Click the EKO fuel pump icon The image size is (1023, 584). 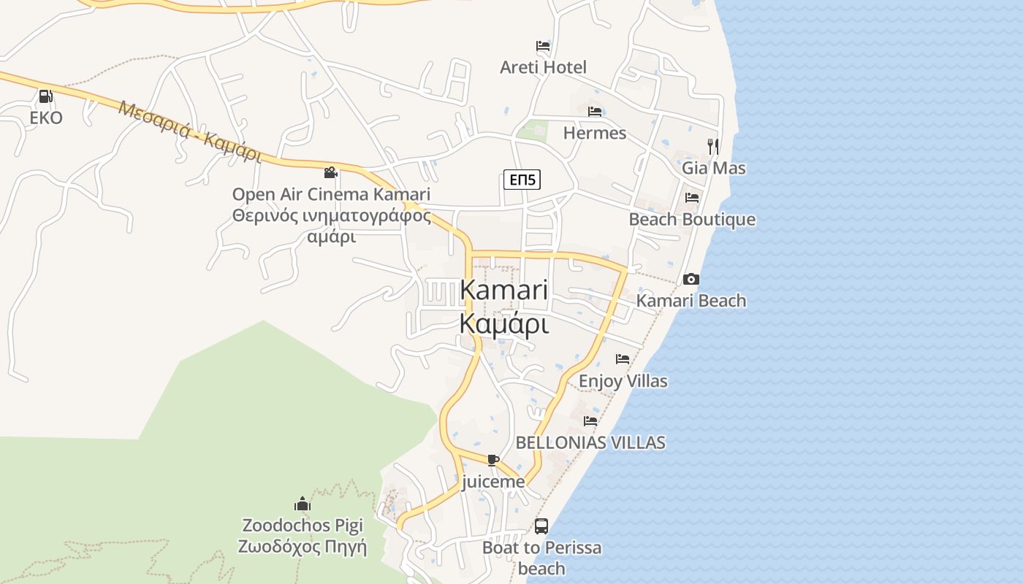point(45,96)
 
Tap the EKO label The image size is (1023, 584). point(46,118)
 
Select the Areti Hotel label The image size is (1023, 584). point(543,67)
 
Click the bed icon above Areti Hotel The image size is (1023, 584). point(543,46)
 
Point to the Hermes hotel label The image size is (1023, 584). point(595,133)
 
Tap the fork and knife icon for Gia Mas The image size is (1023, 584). point(713,146)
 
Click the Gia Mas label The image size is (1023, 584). point(714,168)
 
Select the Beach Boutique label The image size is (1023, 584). point(692,219)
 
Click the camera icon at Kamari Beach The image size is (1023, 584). point(691,279)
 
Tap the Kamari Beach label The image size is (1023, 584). point(691,300)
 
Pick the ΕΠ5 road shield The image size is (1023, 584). point(522,179)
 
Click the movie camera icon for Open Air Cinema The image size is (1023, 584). point(330,173)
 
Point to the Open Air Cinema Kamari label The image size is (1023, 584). point(331,194)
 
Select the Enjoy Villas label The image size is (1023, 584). point(623,380)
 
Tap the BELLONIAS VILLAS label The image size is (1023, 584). point(590,442)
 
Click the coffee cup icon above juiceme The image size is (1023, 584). point(493,460)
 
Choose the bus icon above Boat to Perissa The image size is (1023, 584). point(541,526)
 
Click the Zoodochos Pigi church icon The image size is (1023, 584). point(303,504)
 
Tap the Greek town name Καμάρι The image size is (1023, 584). point(503,323)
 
